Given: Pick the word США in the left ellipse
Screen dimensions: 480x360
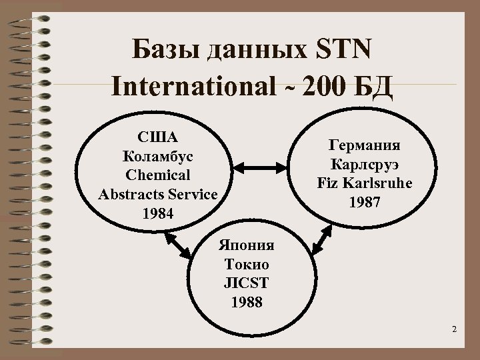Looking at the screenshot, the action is pyautogui.click(x=157, y=138).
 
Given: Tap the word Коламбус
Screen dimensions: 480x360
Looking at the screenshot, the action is pyautogui.click(x=157, y=157).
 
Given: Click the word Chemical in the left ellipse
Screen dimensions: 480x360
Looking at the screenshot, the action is pyautogui.click(x=157, y=175).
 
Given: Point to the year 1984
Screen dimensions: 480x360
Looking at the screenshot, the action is pyautogui.click(x=157, y=213).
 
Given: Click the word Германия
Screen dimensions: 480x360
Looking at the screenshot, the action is pyautogui.click(x=364, y=145).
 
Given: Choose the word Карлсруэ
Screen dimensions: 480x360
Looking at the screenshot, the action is pyautogui.click(x=364, y=163).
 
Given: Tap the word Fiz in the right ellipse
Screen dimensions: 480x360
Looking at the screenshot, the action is pyautogui.click(x=328, y=182).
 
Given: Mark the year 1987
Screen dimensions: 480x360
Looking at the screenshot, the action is pyautogui.click(x=364, y=201).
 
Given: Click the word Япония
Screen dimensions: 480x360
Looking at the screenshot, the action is pyautogui.click(x=246, y=244).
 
